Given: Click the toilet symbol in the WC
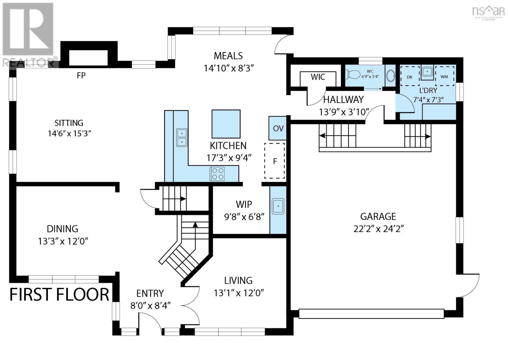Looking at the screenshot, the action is click(353, 74).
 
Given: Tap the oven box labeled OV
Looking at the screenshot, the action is click(277, 128).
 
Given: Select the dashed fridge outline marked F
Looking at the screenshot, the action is click(275, 161).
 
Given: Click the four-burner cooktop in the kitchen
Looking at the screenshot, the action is click(217, 173).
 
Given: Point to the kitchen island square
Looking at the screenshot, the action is click(226, 124).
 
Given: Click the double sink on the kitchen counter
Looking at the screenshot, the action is click(182, 138).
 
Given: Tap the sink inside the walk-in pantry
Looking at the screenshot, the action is click(278, 206).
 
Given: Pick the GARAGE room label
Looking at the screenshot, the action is click(378, 217).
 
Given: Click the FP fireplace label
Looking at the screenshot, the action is click(81, 75).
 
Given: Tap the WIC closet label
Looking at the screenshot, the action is click(318, 77).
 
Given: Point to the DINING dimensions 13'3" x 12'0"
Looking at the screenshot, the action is click(63, 241).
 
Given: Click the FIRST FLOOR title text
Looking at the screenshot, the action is click(59, 295).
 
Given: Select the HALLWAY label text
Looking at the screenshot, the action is click(343, 100).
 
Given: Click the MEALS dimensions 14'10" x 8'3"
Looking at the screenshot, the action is click(229, 68).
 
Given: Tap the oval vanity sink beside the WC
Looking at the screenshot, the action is click(390, 76).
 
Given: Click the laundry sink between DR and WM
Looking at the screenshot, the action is click(427, 72).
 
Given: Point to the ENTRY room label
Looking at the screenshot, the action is click(150, 294).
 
